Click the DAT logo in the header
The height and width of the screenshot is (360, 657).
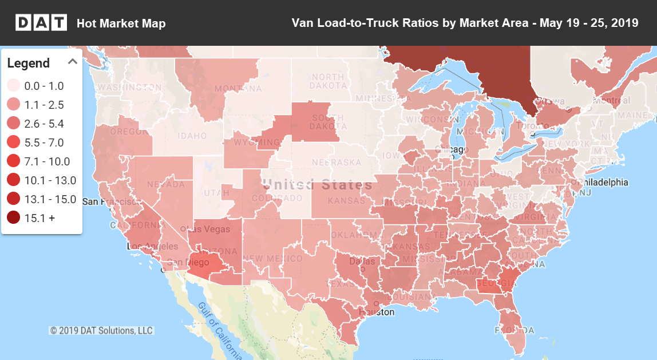point(41,23)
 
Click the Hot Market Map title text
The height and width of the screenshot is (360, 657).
point(121,23)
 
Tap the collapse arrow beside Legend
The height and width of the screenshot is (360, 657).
point(73,62)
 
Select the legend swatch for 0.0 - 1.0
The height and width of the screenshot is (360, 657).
point(14,86)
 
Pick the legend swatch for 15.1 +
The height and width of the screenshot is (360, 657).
point(14,218)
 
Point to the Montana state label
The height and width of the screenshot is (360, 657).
point(238,89)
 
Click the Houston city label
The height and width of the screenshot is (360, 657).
point(377,312)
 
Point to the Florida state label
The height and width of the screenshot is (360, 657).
point(515,330)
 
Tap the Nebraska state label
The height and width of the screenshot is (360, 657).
point(337,163)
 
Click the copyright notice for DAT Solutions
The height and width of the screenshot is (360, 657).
point(101,330)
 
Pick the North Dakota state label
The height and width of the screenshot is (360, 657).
point(328,81)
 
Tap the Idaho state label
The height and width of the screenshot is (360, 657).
point(192,136)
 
